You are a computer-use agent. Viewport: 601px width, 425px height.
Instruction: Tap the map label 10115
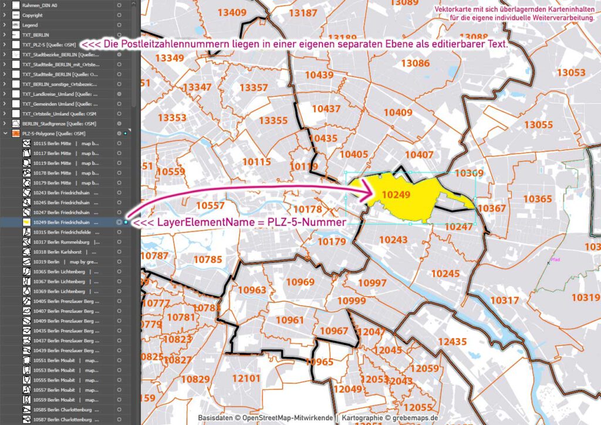pos(257,162)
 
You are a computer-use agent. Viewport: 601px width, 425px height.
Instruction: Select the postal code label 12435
pos(452,342)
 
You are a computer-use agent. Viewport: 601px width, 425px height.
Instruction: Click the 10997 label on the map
pos(372,284)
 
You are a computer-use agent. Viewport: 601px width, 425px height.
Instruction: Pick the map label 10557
pos(210,205)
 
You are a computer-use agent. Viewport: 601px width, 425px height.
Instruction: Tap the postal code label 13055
pos(538,124)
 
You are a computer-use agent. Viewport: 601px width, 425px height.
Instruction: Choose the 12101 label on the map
pos(246,379)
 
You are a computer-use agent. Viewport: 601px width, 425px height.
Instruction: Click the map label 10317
pos(504,301)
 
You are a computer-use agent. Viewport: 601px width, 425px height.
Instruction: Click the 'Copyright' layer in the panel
pos(33,15)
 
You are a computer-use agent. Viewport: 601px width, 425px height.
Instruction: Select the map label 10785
pos(208,259)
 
